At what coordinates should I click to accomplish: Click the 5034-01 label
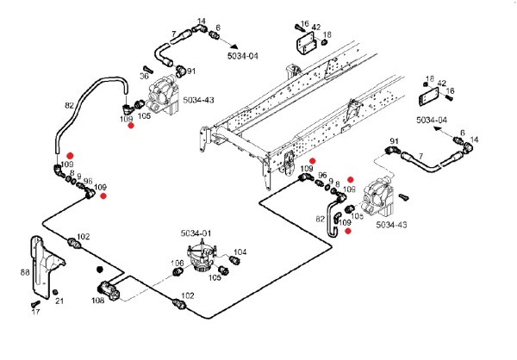click(x=197, y=233)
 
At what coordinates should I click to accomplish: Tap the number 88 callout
click(x=24, y=272)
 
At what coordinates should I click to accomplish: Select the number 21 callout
click(x=59, y=301)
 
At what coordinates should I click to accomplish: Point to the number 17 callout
click(x=36, y=313)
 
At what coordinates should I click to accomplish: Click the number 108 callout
click(x=97, y=301)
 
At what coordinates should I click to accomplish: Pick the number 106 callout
click(x=177, y=264)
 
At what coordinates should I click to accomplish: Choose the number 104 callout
click(x=240, y=251)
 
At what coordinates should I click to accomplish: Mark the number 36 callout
click(x=145, y=75)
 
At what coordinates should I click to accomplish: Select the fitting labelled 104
click(x=232, y=258)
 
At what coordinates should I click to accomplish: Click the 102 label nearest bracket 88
click(x=83, y=237)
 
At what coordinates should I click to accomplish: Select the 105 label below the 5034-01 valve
click(x=215, y=277)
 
